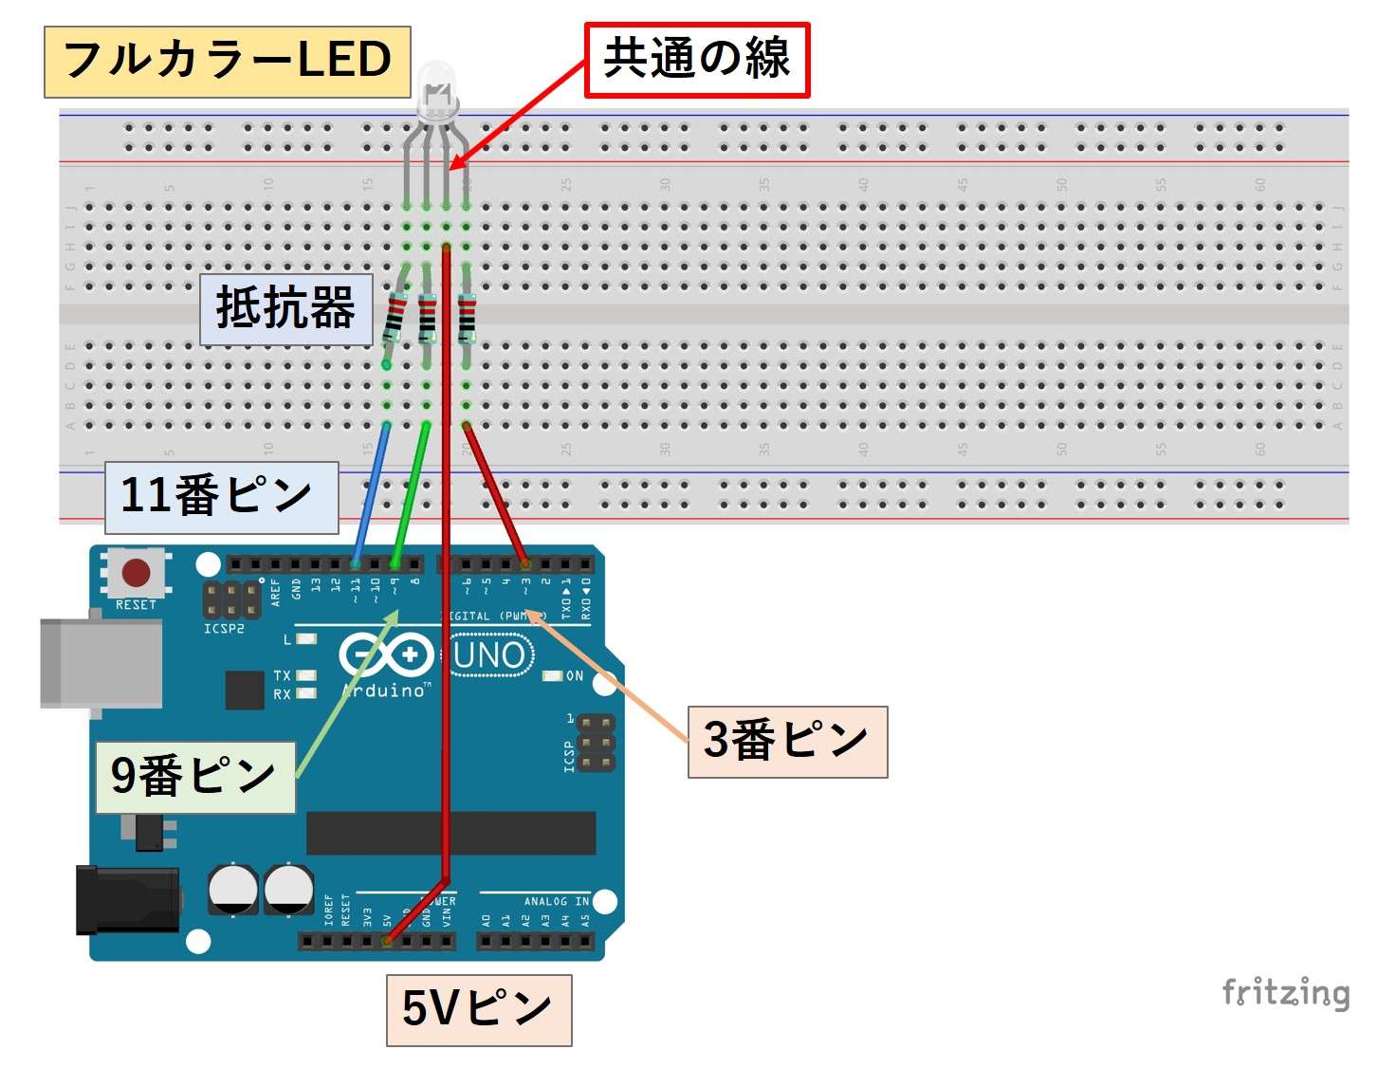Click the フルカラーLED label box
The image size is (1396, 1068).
click(227, 62)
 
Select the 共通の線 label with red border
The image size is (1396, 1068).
click(697, 60)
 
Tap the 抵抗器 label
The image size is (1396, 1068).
click(285, 309)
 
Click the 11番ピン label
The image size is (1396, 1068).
click(220, 497)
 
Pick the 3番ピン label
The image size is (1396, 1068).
click(787, 742)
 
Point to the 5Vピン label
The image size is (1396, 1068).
click(479, 1010)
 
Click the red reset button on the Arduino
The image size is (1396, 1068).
click(136, 573)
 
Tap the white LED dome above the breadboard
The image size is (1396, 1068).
click(436, 80)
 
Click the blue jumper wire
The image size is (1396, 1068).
click(371, 493)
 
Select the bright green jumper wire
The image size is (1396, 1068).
click(411, 493)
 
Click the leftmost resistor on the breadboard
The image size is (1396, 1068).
click(394, 318)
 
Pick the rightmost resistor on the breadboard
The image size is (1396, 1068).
click(467, 318)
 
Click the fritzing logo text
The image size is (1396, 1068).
click(1286, 992)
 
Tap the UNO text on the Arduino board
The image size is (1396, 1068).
click(489, 655)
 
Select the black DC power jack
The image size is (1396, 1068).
click(127, 899)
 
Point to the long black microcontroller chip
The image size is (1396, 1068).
click(450, 833)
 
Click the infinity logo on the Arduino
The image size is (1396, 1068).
click(385, 654)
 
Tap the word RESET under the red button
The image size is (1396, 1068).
click(136, 605)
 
